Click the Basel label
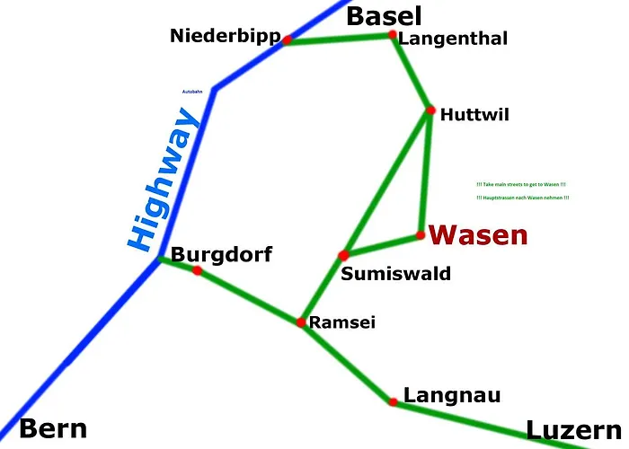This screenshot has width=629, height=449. (x=384, y=15)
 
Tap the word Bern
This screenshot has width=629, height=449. (x=53, y=428)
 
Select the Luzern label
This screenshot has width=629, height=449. (x=573, y=431)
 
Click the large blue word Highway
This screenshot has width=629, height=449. (x=162, y=180)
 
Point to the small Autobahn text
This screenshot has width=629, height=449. (x=192, y=92)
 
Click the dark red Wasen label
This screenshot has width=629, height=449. (x=477, y=235)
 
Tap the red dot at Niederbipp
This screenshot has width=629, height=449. (x=288, y=40)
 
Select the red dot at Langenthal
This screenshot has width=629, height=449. (x=392, y=35)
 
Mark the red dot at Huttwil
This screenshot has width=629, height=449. (x=430, y=110)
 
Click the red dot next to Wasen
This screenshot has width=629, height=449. (x=421, y=235)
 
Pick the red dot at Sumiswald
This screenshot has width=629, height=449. (x=343, y=256)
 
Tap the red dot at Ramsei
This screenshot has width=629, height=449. (x=301, y=321)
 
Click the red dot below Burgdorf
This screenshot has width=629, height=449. (x=197, y=270)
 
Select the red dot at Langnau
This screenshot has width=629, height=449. (x=393, y=401)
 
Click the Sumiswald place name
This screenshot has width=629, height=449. (x=395, y=274)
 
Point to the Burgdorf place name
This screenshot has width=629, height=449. (x=221, y=254)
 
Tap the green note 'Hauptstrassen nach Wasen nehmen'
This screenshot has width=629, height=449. (x=523, y=198)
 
